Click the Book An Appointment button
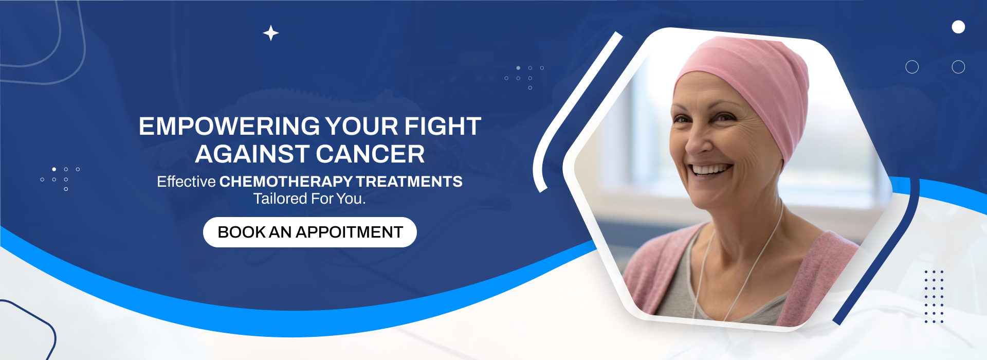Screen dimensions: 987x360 [x=310, y=232]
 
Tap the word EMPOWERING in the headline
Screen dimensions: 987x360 [x=229, y=127]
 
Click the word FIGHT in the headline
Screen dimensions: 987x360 [x=443, y=127]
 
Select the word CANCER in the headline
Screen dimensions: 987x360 [x=370, y=154]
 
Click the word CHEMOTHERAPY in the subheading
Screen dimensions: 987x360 [x=286, y=182]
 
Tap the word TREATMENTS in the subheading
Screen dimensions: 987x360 [x=409, y=182]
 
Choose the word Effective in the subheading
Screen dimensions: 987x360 [x=186, y=182]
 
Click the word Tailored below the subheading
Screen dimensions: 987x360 [x=280, y=199]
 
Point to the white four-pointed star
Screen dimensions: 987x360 [x=271, y=33]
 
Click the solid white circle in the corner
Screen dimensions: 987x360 [x=958, y=27]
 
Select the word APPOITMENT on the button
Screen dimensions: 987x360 [x=349, y=232]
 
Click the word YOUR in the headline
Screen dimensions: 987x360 [x=362, y=127]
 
